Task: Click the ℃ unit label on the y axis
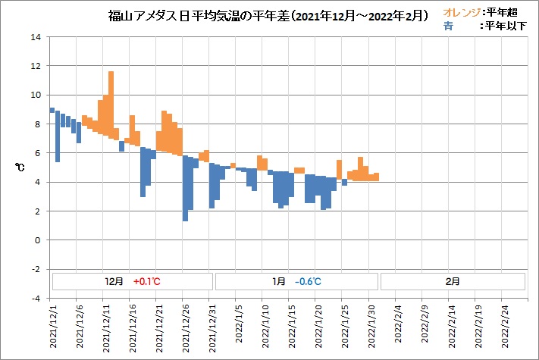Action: coord(20,167)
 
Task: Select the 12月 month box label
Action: coord(114,280)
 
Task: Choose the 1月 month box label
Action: coord(279,280)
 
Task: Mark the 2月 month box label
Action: coord(452,280)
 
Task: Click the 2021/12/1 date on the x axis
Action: coord(53,327)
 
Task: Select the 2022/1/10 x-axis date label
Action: coord(265,327)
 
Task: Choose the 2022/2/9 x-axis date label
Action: coord(425,327)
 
